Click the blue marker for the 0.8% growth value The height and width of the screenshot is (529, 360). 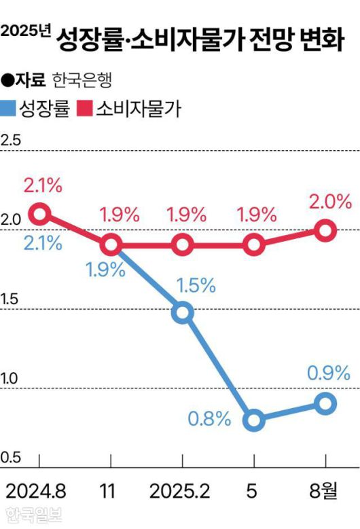(x=253, y=420)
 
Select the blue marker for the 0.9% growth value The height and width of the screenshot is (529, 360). (x=325, y=403)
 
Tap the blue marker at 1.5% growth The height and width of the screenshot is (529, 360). (x=182, y=313)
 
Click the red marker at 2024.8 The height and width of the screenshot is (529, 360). (x=40, y=214)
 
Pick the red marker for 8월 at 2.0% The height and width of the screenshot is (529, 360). (x=325, y=230)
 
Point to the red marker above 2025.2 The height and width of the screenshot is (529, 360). (x=182, y=245)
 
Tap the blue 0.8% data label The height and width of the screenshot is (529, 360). (x=210, y=420)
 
